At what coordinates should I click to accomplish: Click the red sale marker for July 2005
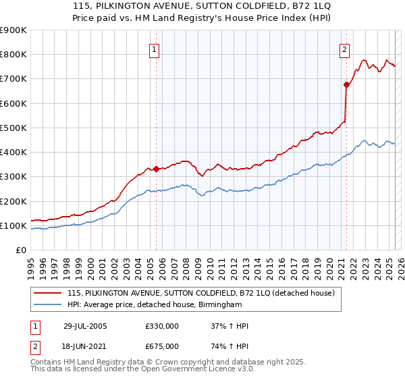[156, 169]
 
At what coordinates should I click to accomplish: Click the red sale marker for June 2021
[346, 85]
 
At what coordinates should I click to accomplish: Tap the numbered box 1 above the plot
[155, 49]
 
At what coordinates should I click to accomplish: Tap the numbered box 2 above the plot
[344, 49]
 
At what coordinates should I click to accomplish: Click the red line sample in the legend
[48, 294]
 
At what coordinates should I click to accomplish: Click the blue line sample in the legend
[48, 305]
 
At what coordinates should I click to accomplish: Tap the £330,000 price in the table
[162, 326]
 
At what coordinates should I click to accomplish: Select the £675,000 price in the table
[162, 346]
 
